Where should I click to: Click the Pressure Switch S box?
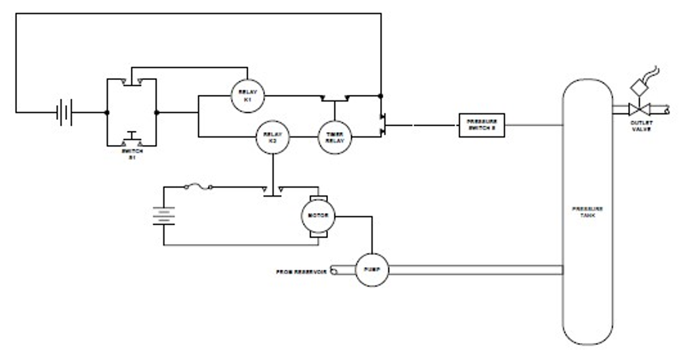click(482, 125)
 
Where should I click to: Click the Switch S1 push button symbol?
click(131, 140)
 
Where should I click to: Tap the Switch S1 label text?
click(131, 155)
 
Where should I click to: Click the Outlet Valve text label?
click(640, 125)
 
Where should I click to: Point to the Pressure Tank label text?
click(587, 212)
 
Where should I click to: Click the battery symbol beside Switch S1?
click(64, 112)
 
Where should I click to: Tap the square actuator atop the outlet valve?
click(637, 87)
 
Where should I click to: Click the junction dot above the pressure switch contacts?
click(381, 96)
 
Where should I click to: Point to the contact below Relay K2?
click(272, 189)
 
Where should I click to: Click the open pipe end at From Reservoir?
click(333, 271)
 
